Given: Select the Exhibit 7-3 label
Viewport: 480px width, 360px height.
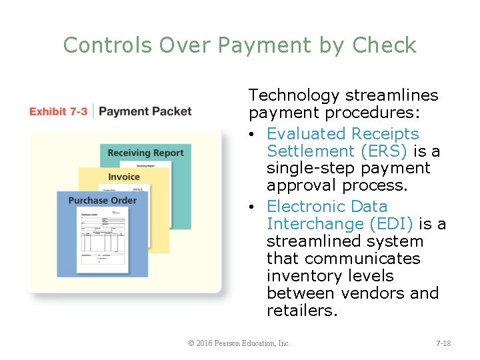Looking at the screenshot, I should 58,111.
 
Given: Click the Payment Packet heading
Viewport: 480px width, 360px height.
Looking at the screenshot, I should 145,111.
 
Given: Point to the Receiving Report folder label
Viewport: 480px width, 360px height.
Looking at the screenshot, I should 145,153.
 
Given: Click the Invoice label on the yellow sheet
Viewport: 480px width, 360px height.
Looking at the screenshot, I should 124,177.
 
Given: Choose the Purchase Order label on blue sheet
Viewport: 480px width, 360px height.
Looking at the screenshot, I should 102,200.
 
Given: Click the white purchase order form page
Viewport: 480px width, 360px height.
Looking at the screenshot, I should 104,240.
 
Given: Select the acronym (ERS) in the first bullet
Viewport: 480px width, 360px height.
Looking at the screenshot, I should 384,151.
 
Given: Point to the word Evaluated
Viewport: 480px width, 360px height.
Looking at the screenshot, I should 305,134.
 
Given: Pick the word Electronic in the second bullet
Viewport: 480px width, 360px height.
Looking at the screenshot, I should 307,206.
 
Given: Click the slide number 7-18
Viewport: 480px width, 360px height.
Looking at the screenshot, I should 443,343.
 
